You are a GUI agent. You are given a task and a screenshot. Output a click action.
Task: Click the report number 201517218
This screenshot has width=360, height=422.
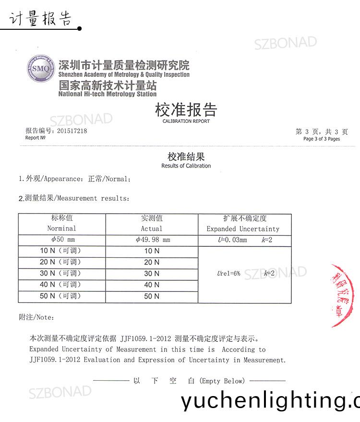pyautogui.click(x=72, y=131)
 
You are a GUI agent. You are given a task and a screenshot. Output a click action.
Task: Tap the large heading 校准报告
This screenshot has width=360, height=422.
pyautogui.click(x=186, y=109)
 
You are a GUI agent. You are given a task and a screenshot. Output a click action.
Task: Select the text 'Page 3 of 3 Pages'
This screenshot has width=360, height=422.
pyautogui.click(x=321, y=139)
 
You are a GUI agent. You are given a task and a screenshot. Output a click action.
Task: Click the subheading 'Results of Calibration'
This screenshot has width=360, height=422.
pyautogui.click(x=186, y=166)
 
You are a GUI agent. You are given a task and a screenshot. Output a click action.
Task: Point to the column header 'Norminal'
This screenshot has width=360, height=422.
pyautogui.click(x=61, y=229)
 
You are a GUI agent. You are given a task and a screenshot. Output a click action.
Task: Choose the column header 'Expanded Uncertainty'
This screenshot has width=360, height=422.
pyautogui.click(x=242, y=229)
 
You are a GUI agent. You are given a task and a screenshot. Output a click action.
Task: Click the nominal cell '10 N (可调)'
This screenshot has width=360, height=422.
pyautogui.click(x=60, y=251)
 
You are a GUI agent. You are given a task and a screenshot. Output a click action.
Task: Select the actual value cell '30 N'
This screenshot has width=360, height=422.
pyautogui.click(x=152, y=274)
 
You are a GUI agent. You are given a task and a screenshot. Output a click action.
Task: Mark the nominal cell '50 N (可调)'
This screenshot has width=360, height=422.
pyautogui.click(x=60, y=296)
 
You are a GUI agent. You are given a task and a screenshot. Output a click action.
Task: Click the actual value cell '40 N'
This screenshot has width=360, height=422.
pyautogui.click(x=152, y=285)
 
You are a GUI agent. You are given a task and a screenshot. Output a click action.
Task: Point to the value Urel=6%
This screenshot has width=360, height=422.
pyautogui.click(x=228, y=274)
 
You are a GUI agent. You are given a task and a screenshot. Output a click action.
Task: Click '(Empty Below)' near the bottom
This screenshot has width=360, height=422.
pyautogui.click(x=221, y=381)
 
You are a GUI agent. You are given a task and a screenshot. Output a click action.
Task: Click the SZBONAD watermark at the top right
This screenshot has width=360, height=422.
pyautogui.click(x=285, y=43)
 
